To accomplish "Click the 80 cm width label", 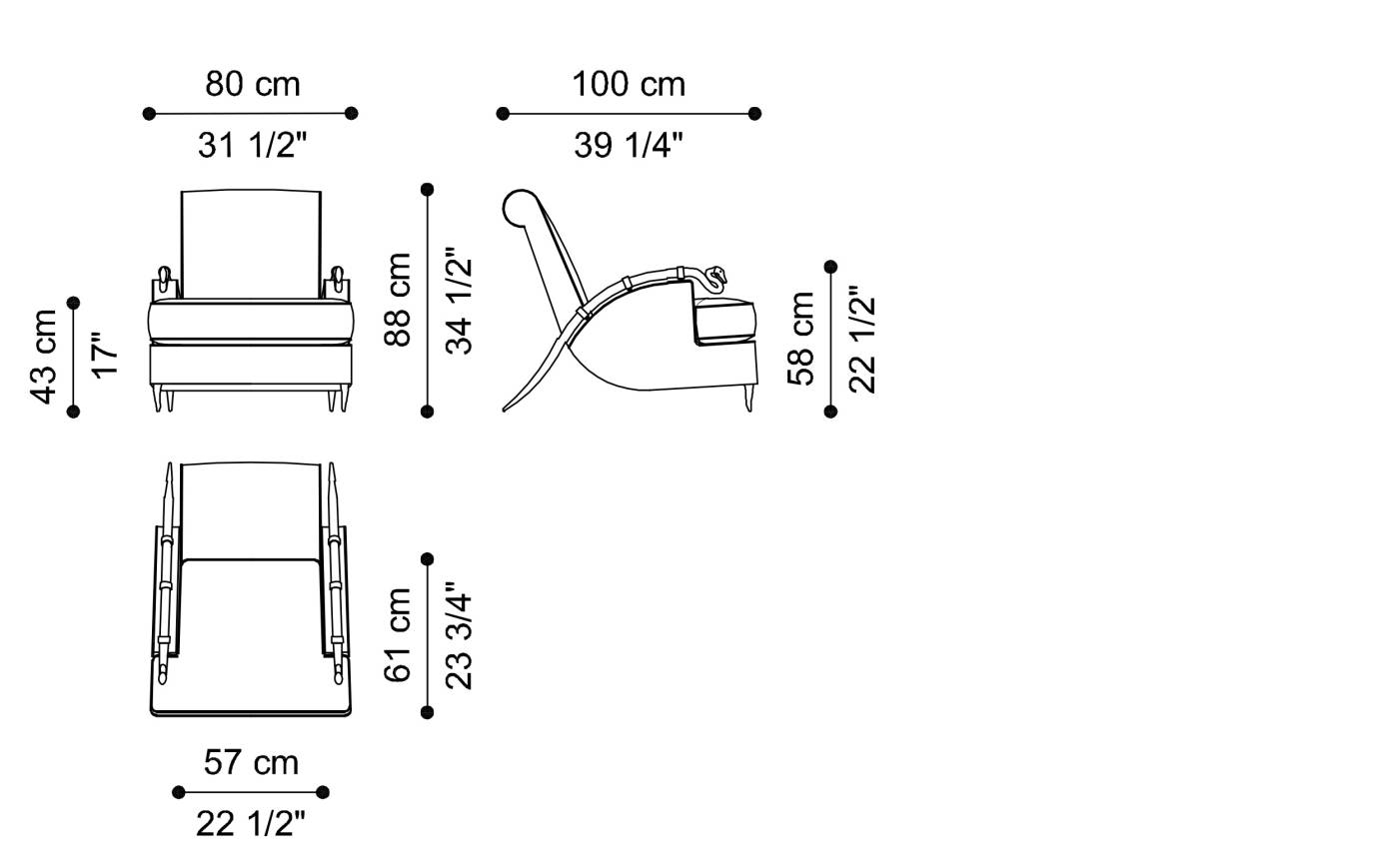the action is click(253, 84).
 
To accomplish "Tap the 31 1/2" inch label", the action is click(253, 146).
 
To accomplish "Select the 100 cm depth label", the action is click(629, 84).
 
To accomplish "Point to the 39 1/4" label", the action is click(629, 146).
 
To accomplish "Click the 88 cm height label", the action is click(398, 300).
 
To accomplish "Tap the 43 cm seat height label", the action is click(44, 357).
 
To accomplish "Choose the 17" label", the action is click(105, 356).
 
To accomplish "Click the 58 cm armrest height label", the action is click(801, 339).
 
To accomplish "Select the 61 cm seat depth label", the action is click(398, 634).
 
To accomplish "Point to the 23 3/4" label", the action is click(459, 635).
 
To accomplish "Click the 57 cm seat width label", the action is click(251, 762).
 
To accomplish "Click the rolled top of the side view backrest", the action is click(521, 207).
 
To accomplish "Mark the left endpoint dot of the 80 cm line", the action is click(149, 114).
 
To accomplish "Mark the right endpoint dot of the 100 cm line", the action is click(754, 114).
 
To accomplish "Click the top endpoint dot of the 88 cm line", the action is click(428, 189).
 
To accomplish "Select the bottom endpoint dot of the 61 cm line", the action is click(428, 712).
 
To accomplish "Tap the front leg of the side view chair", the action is click(748, 399).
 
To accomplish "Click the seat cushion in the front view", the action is click(251, 322).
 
